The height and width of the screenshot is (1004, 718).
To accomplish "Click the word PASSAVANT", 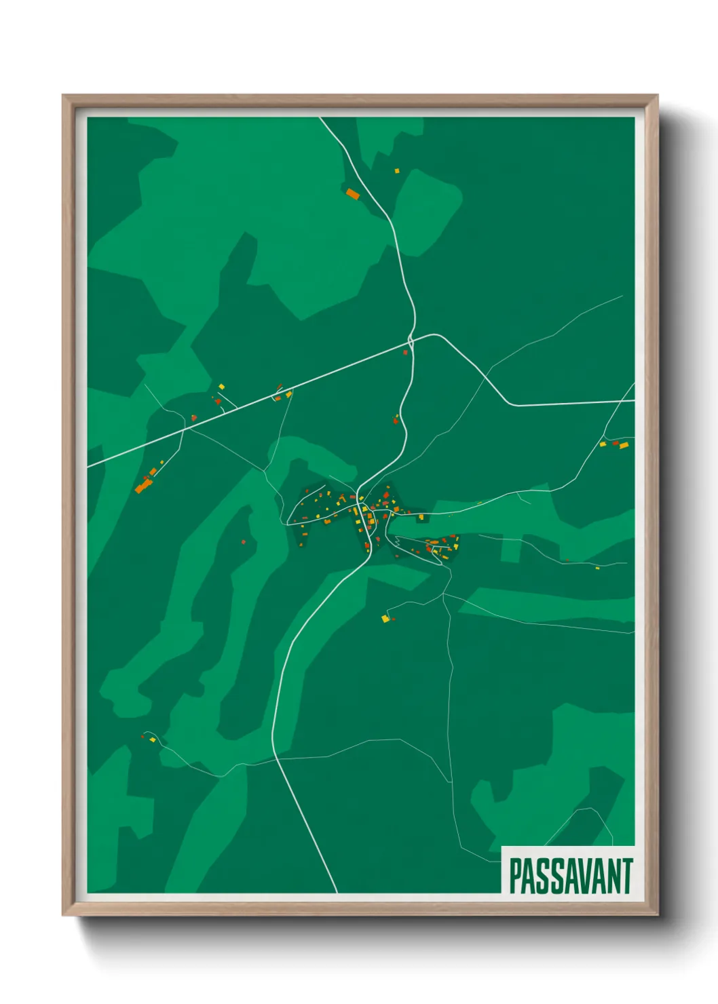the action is coord(570,876).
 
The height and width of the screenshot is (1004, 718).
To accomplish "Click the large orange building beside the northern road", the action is coord(353,194).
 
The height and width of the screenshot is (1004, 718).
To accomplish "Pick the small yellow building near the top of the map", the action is coord(397,171).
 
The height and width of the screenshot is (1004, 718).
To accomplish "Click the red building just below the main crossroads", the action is coord(406,353).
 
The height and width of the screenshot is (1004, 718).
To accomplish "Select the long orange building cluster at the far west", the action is coord(143,484).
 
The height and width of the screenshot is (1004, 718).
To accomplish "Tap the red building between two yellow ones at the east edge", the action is coord(616,444).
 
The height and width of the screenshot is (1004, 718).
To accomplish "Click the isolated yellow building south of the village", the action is coord(385,618).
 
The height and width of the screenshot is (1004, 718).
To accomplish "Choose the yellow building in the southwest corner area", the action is coord(153,739).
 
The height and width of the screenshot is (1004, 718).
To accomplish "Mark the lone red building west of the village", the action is coord(244,541).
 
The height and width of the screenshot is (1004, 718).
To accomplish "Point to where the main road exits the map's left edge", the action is coord(89,467).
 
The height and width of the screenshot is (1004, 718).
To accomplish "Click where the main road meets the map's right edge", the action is coord(633,401).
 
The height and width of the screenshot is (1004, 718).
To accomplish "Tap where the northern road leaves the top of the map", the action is coord(321,119).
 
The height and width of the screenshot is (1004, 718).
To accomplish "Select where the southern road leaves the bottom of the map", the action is coord(336,891).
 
